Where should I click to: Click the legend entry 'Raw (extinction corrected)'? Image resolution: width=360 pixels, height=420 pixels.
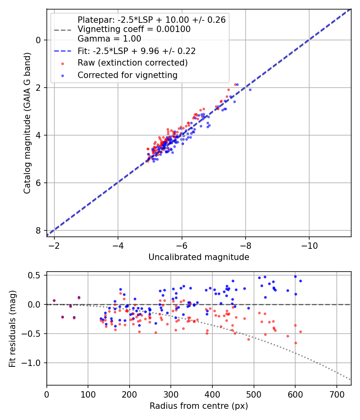point(132,63)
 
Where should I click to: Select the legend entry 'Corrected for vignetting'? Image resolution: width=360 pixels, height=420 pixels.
point(128,75)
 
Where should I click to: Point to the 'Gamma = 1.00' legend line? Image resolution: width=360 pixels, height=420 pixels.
point(109,39)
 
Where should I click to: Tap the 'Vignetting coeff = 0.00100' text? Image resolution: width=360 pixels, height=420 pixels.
point(134,29)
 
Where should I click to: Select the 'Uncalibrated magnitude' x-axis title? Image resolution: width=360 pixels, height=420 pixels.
point(199,257)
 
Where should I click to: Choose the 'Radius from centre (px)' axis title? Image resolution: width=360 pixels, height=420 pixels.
point(199,406)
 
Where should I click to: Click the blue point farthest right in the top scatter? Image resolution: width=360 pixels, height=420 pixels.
point(250,90)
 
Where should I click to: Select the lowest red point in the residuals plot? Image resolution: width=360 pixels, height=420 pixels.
point(296,343)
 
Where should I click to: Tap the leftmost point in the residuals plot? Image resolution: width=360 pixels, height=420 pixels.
point(54,300)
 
